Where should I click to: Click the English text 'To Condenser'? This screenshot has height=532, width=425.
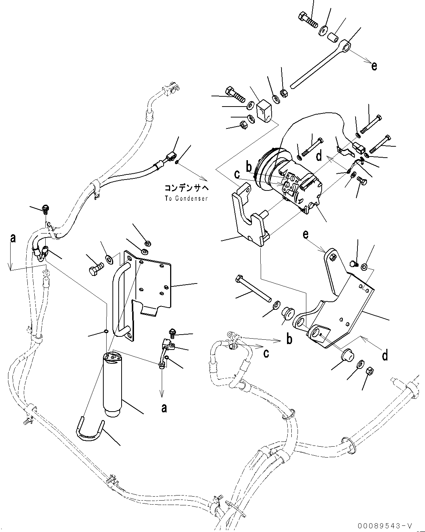click(186, 198)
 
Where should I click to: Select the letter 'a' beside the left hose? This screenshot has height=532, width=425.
click(13, 239)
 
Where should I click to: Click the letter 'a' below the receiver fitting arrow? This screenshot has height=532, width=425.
click(164, 408)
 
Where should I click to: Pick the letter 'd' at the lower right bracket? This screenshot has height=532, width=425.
click(385, 355)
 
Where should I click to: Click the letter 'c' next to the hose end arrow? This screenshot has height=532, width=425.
click(267, 354)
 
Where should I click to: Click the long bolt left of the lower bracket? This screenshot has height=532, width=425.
click(254, 288)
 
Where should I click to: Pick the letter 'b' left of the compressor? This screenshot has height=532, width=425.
click(249, 167)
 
